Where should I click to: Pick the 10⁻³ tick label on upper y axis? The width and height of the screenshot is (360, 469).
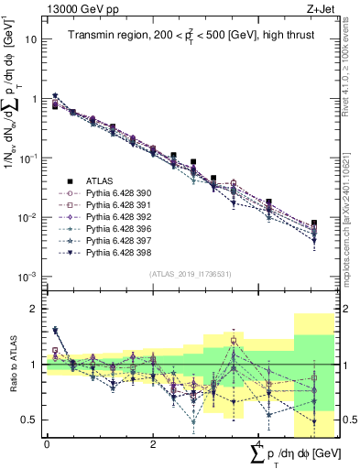click(28, 277)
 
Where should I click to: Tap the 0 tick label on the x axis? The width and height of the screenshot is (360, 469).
click(47, 444)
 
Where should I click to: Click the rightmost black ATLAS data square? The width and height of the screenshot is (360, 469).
click(313, 224)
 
